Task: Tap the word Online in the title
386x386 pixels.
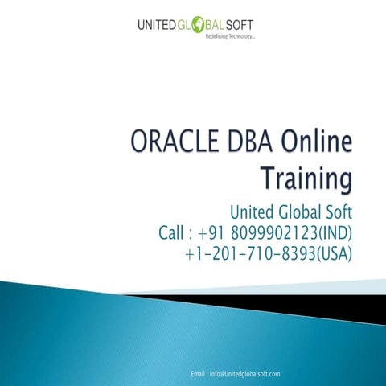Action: click(x=316, y=145)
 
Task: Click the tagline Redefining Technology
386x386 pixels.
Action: click(x=231, y=38)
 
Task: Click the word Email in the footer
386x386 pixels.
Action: click(x=199, y=374)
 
